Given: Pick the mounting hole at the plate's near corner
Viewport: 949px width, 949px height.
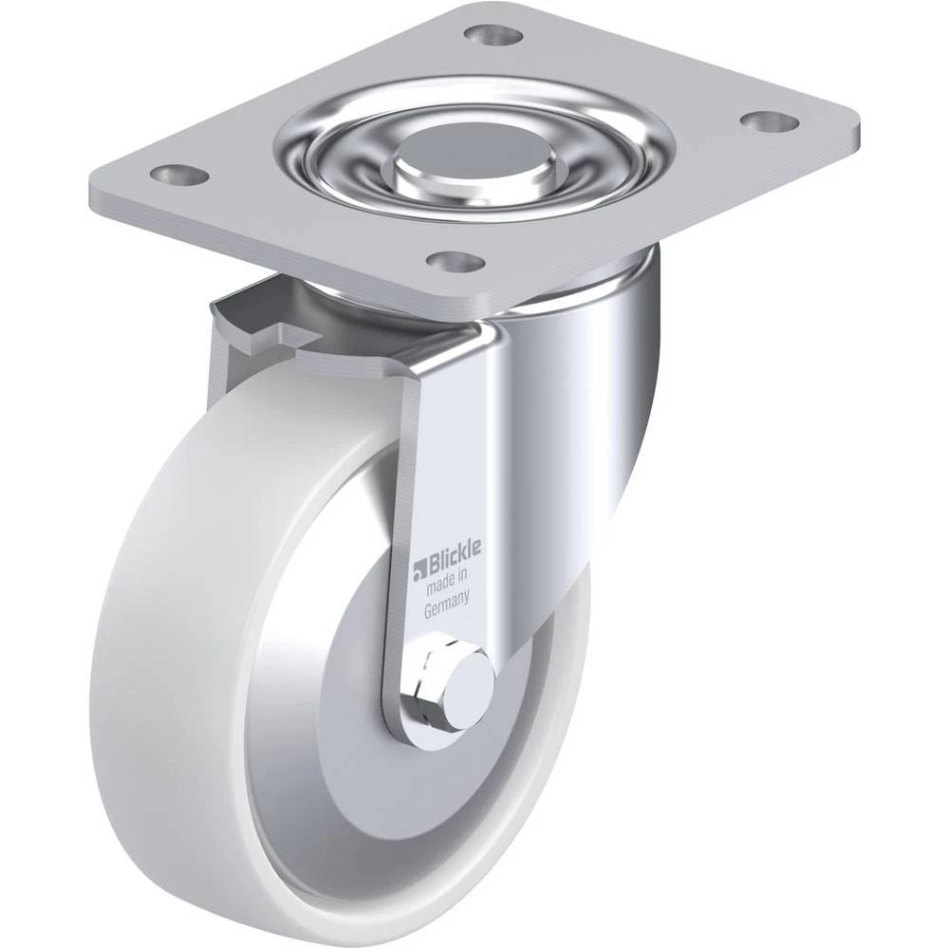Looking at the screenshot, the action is tap(456, 261).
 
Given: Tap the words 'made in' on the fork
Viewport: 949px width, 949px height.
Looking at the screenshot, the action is tap(447, 583).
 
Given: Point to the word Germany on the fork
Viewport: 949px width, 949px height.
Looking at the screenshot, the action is tap(447, 605).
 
